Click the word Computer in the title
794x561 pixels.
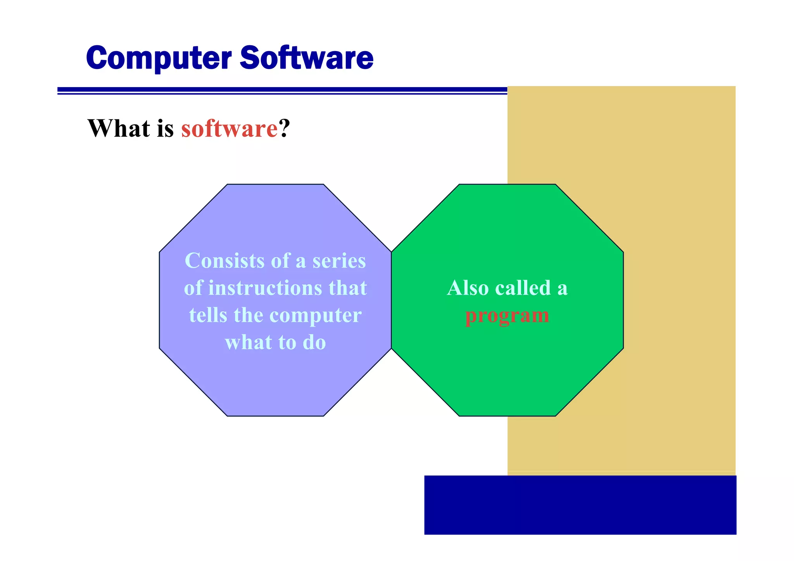[159, 58]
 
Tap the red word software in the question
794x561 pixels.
[230, 129]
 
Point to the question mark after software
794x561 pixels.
[285, 128]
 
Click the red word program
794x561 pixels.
[507, 316]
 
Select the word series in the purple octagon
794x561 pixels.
[339, 261]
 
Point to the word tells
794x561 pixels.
[208, 315]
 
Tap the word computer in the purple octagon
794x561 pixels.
[315, 316]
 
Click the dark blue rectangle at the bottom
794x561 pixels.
[580, 505]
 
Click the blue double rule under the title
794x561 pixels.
[282, 91]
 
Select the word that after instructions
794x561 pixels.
[347, 288]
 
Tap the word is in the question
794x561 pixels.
[165, 128]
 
